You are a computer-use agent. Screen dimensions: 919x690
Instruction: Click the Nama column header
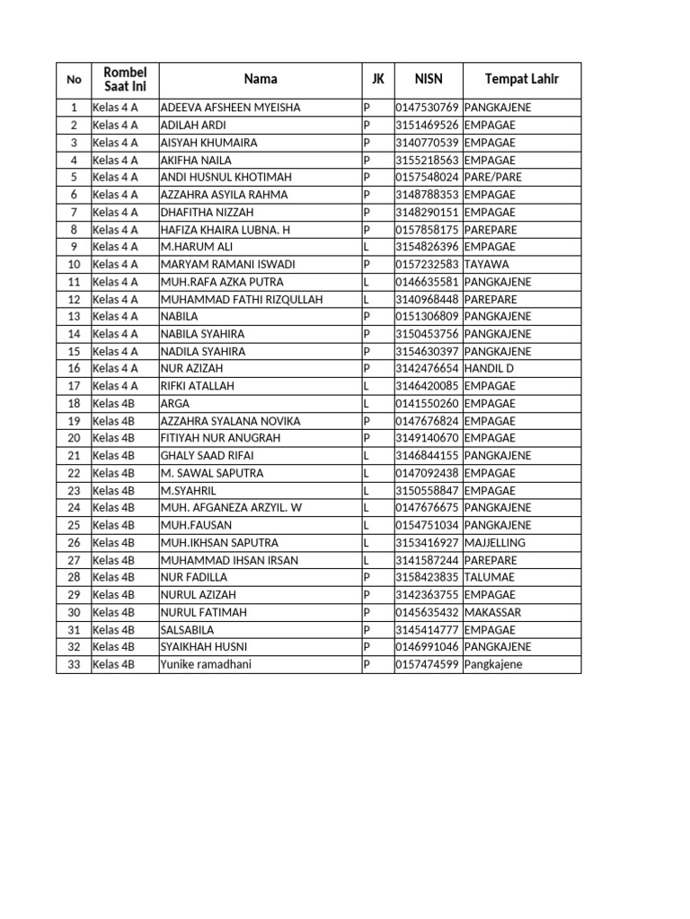[261, 80]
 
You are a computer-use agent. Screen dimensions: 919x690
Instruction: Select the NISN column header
[428, 80]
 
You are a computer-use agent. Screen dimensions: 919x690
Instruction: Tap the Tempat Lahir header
[521, 80]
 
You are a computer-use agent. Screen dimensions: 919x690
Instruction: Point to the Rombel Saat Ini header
[125, 80]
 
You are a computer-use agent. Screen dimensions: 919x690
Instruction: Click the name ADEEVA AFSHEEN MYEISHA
[230, 108]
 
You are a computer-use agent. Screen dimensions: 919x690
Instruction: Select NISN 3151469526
[428, 125]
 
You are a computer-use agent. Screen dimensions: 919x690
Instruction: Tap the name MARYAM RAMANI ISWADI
[227, 264]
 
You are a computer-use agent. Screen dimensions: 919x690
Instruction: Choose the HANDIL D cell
[489, 368]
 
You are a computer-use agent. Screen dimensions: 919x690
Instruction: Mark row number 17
[74, 386]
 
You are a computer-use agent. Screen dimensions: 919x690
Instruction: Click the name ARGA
[175, 404]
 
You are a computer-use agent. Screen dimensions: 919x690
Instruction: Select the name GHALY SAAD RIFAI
[207, 456]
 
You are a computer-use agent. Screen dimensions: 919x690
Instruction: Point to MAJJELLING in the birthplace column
[495, 543]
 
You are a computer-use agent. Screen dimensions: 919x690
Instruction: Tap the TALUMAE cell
[490, 577]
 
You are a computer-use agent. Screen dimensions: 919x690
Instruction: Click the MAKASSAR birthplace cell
[492, 612]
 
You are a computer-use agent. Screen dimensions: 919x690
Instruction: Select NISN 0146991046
[428, 647]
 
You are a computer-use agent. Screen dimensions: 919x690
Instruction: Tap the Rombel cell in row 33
[114, 664]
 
